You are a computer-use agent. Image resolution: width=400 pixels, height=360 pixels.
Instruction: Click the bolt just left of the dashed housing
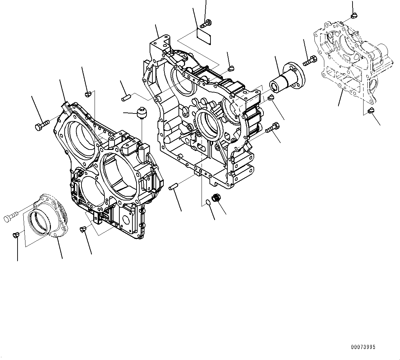(x=310, y=62)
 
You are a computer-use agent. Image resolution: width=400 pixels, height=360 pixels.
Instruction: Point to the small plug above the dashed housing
(x=354, y=16)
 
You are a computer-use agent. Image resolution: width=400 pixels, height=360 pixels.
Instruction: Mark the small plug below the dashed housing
(x=370, y=111)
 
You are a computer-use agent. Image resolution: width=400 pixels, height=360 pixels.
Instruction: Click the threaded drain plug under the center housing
(x=217, y=198)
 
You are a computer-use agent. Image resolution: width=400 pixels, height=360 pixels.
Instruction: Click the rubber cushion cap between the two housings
(x=141, y=113)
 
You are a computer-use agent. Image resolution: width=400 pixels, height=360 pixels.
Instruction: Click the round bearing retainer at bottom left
(x=49, y=216)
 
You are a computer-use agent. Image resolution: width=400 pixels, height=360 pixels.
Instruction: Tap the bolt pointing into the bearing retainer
(x=11, y=217)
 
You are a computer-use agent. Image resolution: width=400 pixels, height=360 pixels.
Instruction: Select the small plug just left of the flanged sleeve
(x=271, y=97)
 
